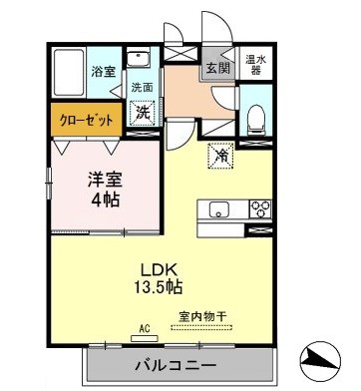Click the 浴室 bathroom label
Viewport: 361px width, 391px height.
(x=104, y=72)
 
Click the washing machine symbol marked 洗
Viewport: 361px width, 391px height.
(x=144, y=114)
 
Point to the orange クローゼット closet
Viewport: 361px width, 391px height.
(x=86, y=119)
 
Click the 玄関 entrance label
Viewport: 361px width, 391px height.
(x=216, y=69)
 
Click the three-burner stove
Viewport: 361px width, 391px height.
(x=260, y=208)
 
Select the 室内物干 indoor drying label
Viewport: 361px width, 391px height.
(x=202, y=317)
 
